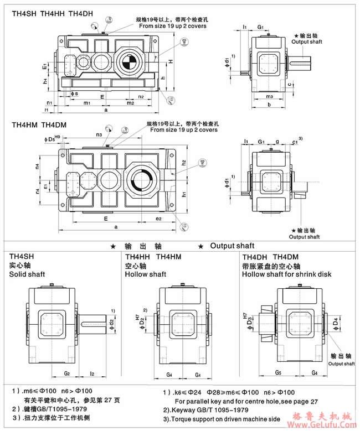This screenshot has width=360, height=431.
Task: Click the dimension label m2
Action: point(130,103)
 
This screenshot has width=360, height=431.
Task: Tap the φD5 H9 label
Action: point(50,139)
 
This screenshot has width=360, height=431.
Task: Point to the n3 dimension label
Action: point(99,134)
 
